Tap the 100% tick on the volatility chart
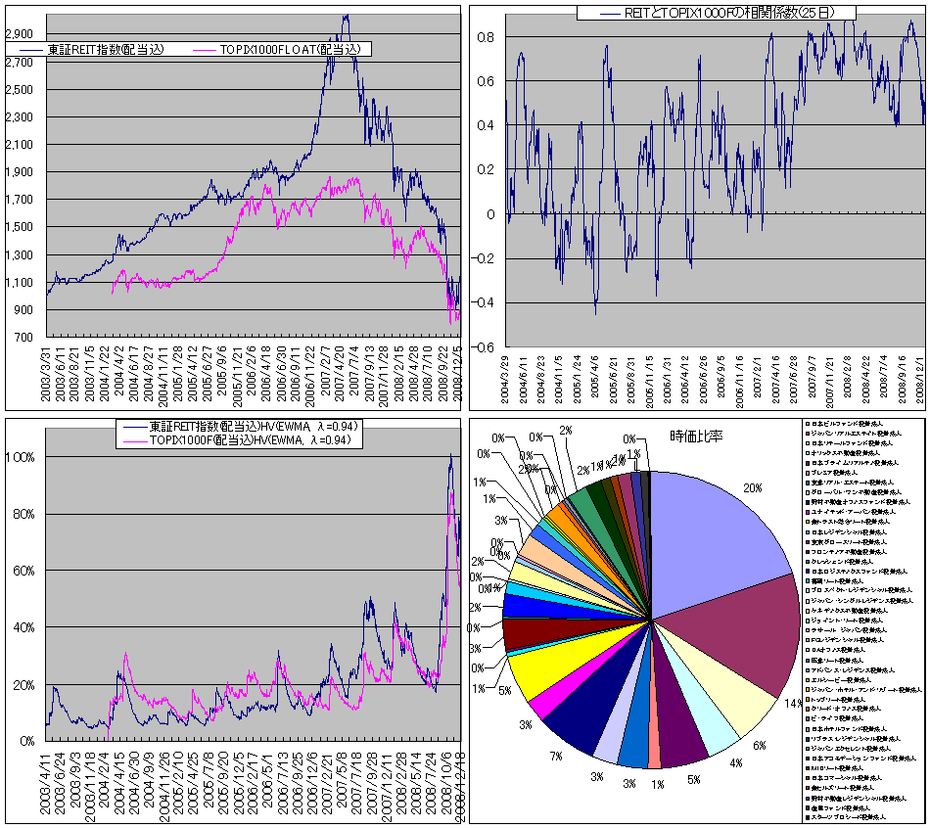point(22,457)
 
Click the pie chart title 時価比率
point(695,436)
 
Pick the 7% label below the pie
point(556,757)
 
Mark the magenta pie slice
point(540,710)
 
